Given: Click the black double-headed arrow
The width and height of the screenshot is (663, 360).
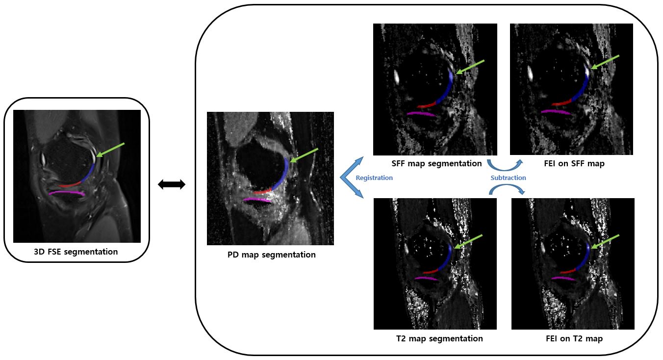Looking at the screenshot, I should (171, 184).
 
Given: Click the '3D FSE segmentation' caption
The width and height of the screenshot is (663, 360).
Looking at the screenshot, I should (76, 252).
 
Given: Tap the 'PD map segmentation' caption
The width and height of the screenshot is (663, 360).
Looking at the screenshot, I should (271, 255).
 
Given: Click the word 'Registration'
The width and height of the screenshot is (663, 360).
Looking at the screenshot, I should (374, 178).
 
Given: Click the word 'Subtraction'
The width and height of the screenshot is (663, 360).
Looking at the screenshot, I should (508, 178).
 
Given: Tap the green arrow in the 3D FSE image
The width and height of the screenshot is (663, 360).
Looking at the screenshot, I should (110, 150).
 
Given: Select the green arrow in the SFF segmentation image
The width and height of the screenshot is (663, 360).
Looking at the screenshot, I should (470, 67).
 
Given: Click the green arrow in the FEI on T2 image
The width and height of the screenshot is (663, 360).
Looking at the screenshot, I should (605, 241).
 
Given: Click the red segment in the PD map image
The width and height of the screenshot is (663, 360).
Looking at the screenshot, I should (262, 191).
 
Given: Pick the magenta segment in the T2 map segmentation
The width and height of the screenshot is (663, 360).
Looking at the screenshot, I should (426, 278).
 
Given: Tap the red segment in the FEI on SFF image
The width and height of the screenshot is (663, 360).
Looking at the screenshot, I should (561, 103).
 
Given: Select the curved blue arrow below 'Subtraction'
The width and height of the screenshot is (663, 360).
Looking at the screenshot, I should (507, 189).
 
